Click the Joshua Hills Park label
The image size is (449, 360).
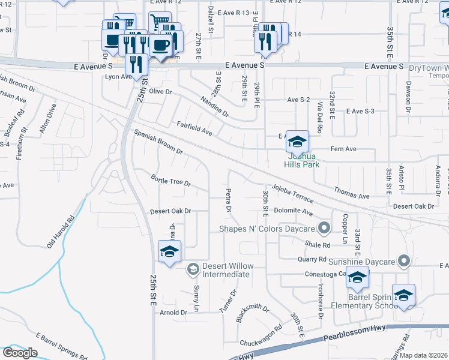tap(301, 159)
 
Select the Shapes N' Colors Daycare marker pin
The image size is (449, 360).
tap(325, 228)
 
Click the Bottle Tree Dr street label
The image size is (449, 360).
tap(170, 179)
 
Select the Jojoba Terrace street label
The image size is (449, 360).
tap(292, 193)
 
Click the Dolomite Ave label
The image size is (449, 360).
tap(294, 212)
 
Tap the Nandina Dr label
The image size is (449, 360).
tap(214, 106)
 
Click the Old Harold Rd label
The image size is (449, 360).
tap(62, 229)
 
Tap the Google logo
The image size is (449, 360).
tap(20, 352)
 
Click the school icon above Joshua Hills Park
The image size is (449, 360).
tap(297, 142)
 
